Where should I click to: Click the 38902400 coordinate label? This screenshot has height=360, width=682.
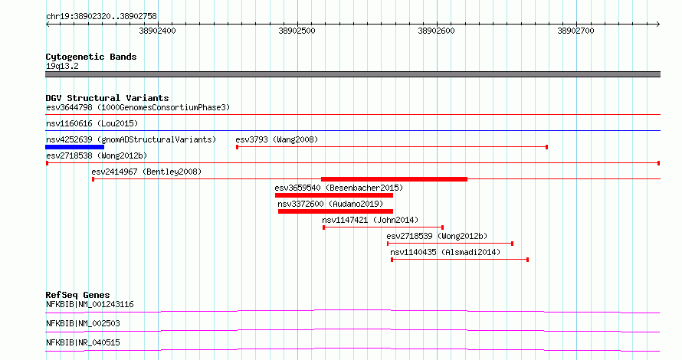pos(157,31)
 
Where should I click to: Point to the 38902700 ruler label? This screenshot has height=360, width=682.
pos(575,31)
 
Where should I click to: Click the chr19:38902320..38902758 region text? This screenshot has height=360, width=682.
pos(101,17)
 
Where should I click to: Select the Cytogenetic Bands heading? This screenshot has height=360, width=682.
pos(91,57)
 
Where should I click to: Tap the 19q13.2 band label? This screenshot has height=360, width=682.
pos(62,66)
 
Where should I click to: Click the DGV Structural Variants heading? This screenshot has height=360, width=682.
pos(107,98)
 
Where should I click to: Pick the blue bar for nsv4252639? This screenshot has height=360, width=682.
pos(75,147)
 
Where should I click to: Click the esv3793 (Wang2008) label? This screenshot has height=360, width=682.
pos(277,139)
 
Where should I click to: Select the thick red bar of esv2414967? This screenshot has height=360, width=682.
pos(394,179)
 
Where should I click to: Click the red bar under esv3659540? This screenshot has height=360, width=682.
pos(334,195)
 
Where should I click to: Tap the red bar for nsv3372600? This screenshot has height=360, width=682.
pos(336,211)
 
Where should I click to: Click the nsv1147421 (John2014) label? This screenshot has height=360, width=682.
pos(370,220)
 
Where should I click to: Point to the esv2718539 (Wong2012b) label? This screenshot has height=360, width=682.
pos(437,236)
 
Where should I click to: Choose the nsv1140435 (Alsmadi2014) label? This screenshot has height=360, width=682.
pos(445,252)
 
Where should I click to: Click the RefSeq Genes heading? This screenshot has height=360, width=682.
pos(77,295)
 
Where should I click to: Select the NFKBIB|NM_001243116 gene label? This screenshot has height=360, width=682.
pos(90,304)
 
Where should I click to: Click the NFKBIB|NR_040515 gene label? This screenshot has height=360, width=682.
pos(83,342)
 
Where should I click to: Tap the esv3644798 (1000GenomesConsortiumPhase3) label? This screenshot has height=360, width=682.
pos(138,107)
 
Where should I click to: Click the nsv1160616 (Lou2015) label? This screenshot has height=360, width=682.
pos(92,123)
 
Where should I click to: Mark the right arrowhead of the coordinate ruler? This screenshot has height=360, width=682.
pos(659,25)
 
